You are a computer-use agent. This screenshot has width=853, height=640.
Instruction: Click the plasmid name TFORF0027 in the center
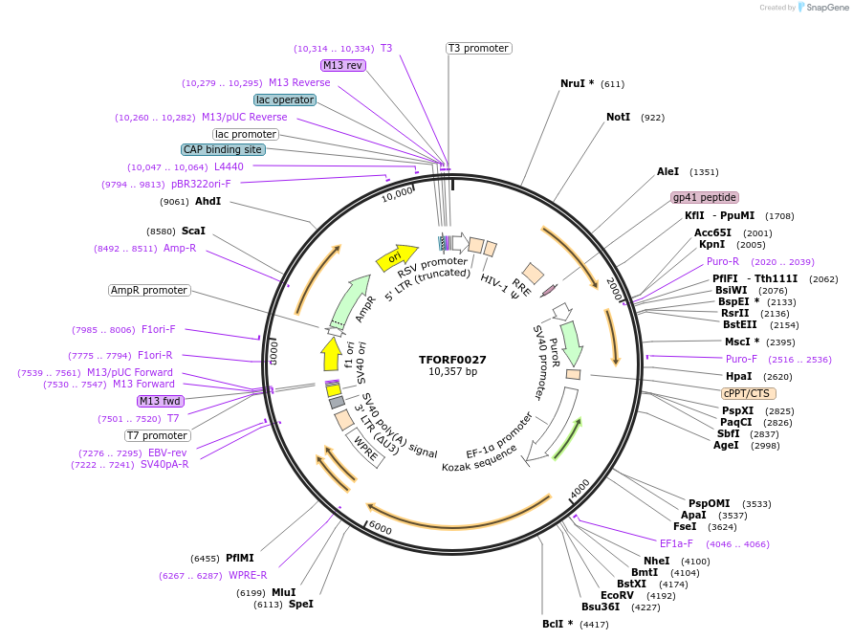(x=452, y=360)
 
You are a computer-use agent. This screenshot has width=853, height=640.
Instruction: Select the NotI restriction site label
(x=618, y=117)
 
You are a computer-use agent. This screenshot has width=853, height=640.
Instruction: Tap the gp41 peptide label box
(x=705, y=197)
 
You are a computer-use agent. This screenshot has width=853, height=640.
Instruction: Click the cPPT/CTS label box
(x=749, y=393)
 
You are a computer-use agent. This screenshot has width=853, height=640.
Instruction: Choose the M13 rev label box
(x=343, y=65)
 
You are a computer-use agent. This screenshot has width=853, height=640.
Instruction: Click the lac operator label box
(x=285, y=99)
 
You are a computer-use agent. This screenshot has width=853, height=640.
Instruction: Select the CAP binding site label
(x=223, y=149)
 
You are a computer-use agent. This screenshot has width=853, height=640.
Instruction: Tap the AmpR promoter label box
(x=149, y=290)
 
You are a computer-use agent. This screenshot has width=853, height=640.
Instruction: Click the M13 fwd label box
(x=160, y=401)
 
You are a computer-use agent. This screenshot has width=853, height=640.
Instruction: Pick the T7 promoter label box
(x=158, y=435)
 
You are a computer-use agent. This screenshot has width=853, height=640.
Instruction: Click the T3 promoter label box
(x=478, y=48)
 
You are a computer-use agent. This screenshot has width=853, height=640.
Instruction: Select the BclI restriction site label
(x=558, y=624)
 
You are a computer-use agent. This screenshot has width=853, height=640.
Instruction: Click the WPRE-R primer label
(x=248, y=575)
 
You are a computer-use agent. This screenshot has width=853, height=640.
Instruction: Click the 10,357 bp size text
(x=452, y=371)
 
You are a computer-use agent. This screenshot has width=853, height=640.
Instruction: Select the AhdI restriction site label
(x=208, y=201)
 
